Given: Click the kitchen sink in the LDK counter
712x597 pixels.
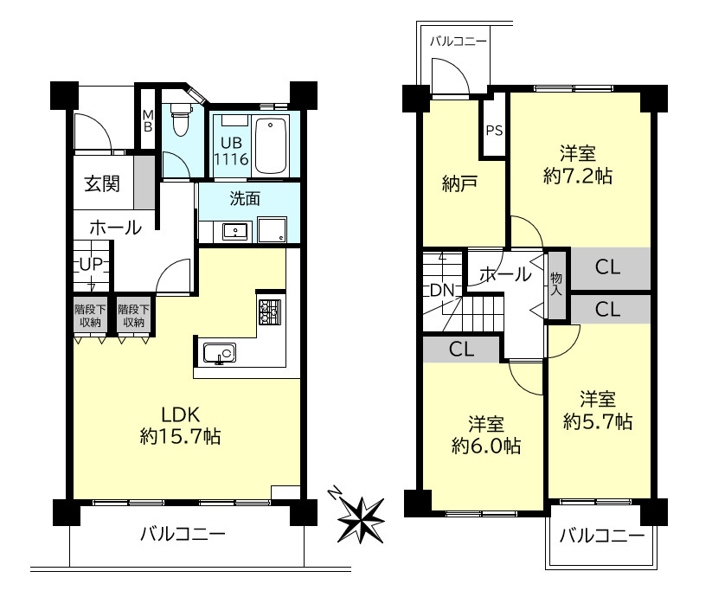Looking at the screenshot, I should coord(219,353).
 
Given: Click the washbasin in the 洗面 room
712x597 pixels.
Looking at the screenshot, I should coord(234,231).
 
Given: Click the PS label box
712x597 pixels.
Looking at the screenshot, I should coord(494,132).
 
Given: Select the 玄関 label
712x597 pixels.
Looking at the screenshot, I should coord(102,183).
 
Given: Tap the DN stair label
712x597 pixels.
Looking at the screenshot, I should coord(442,290).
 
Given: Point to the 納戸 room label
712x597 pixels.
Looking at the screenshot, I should coord(461,184).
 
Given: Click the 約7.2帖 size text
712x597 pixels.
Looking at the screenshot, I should coord(578,176).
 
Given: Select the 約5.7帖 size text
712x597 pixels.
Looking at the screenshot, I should coord(598,421).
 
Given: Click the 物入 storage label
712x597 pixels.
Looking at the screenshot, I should coord(555,282).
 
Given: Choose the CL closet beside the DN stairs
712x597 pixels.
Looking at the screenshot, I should coord(461,350).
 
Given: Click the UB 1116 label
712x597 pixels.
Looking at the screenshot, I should coord(232,151).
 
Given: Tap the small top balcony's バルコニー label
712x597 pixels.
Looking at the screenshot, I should coord(458,41).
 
